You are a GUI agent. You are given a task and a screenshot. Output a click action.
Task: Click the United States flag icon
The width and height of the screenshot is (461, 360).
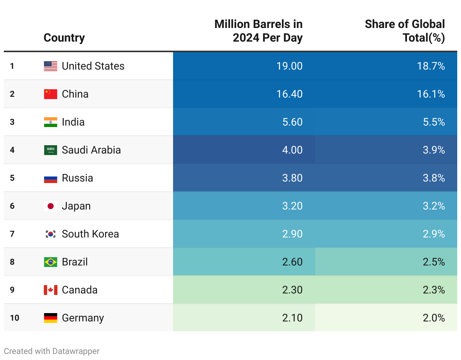51,66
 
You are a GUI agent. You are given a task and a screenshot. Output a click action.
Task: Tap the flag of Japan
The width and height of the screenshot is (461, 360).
51,206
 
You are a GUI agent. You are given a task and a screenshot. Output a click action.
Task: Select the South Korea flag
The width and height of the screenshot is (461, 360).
51,234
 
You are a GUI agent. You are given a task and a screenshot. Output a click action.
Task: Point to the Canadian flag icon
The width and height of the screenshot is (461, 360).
51,290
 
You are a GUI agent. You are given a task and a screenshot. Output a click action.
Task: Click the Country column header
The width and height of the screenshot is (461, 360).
64,38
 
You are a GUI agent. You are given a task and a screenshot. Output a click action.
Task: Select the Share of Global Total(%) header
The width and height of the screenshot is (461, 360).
405,31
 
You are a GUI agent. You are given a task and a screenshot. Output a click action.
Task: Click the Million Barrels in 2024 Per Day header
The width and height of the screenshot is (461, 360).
258,31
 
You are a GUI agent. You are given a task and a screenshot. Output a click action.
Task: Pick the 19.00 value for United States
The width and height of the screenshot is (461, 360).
289,66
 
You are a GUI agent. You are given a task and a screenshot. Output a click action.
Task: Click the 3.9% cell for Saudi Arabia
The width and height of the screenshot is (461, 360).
434,150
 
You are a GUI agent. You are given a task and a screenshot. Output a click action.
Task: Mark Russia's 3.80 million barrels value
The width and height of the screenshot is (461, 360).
292,178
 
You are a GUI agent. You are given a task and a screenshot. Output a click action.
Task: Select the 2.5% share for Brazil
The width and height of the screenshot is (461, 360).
434,262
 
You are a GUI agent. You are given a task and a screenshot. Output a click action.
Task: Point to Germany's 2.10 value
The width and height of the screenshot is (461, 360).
292,318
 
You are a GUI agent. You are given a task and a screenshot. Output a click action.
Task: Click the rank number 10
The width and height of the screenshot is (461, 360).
14,318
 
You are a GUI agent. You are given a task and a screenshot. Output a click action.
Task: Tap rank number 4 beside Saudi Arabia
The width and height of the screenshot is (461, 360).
12,150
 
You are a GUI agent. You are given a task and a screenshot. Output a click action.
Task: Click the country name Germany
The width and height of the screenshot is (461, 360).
83,318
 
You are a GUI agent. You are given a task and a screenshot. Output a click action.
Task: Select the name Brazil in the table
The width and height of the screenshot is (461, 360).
75,262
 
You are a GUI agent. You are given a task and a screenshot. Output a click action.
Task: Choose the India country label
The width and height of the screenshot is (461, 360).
73,122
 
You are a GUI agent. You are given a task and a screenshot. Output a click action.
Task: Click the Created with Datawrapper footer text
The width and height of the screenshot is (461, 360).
52,351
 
